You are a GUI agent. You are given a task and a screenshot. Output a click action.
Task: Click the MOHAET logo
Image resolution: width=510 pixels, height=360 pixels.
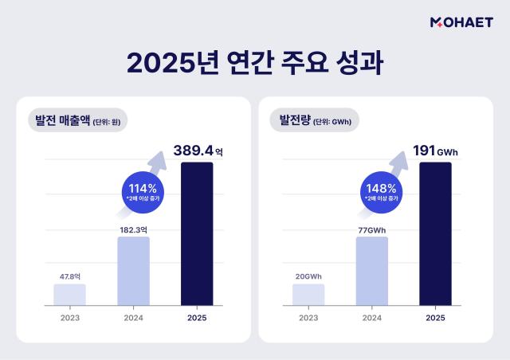461,23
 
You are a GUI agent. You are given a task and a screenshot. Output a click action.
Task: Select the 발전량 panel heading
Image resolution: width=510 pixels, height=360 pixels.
316,121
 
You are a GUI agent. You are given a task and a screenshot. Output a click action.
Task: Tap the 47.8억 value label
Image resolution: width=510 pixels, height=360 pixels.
69,276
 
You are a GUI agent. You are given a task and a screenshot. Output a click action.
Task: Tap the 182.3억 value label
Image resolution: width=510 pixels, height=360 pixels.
133,229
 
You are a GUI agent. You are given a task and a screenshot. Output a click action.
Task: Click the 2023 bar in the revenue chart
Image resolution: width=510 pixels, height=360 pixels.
69,294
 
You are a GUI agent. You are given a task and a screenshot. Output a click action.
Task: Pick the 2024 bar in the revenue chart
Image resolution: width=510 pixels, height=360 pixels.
133,271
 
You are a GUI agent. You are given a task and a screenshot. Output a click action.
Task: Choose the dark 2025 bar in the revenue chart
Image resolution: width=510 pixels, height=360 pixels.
197,233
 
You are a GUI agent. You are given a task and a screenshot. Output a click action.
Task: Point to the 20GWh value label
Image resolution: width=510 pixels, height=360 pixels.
308,276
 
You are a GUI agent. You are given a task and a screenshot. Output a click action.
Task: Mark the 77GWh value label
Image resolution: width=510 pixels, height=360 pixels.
372,229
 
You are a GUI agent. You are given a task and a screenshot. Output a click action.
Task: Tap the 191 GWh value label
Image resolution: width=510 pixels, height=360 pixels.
436,150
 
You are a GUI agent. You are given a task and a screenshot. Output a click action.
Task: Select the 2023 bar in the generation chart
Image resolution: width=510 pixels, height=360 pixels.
308,294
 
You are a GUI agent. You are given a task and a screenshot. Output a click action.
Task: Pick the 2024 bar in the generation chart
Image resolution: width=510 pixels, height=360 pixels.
372,271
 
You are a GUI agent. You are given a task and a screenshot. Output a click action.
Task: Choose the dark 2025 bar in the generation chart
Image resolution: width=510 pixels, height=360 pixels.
436,233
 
